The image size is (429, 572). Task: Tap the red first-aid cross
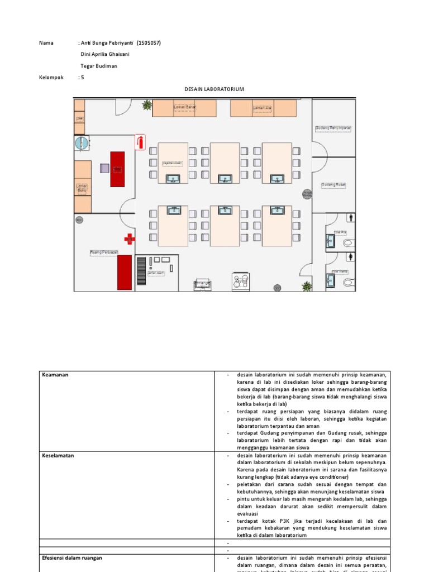(x=130, y=239)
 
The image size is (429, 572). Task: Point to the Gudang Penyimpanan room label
(x=333, y=128)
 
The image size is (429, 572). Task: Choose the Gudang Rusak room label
(x=333, y=184)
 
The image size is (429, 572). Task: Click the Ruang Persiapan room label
(x=104, y=252)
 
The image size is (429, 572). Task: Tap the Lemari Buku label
(x=82, y=188)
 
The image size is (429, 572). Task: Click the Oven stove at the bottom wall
(x=241, y=282)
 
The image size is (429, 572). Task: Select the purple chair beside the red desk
(x=104, y=167)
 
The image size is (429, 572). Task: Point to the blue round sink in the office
(x=82, y=144)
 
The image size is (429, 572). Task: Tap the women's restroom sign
(x=350, y=256)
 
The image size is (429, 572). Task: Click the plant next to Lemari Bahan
(x=147, y=104)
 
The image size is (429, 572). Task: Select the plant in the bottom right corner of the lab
(x=307, y=286)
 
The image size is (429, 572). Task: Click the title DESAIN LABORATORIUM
(x=214, y=89)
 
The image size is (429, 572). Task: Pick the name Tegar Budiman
(x=99, y=66)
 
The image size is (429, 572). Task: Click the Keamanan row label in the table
(x=55, y=374)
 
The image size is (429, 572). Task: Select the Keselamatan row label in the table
(x=58, y=455)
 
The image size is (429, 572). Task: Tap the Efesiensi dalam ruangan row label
(x=72, y=557)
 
